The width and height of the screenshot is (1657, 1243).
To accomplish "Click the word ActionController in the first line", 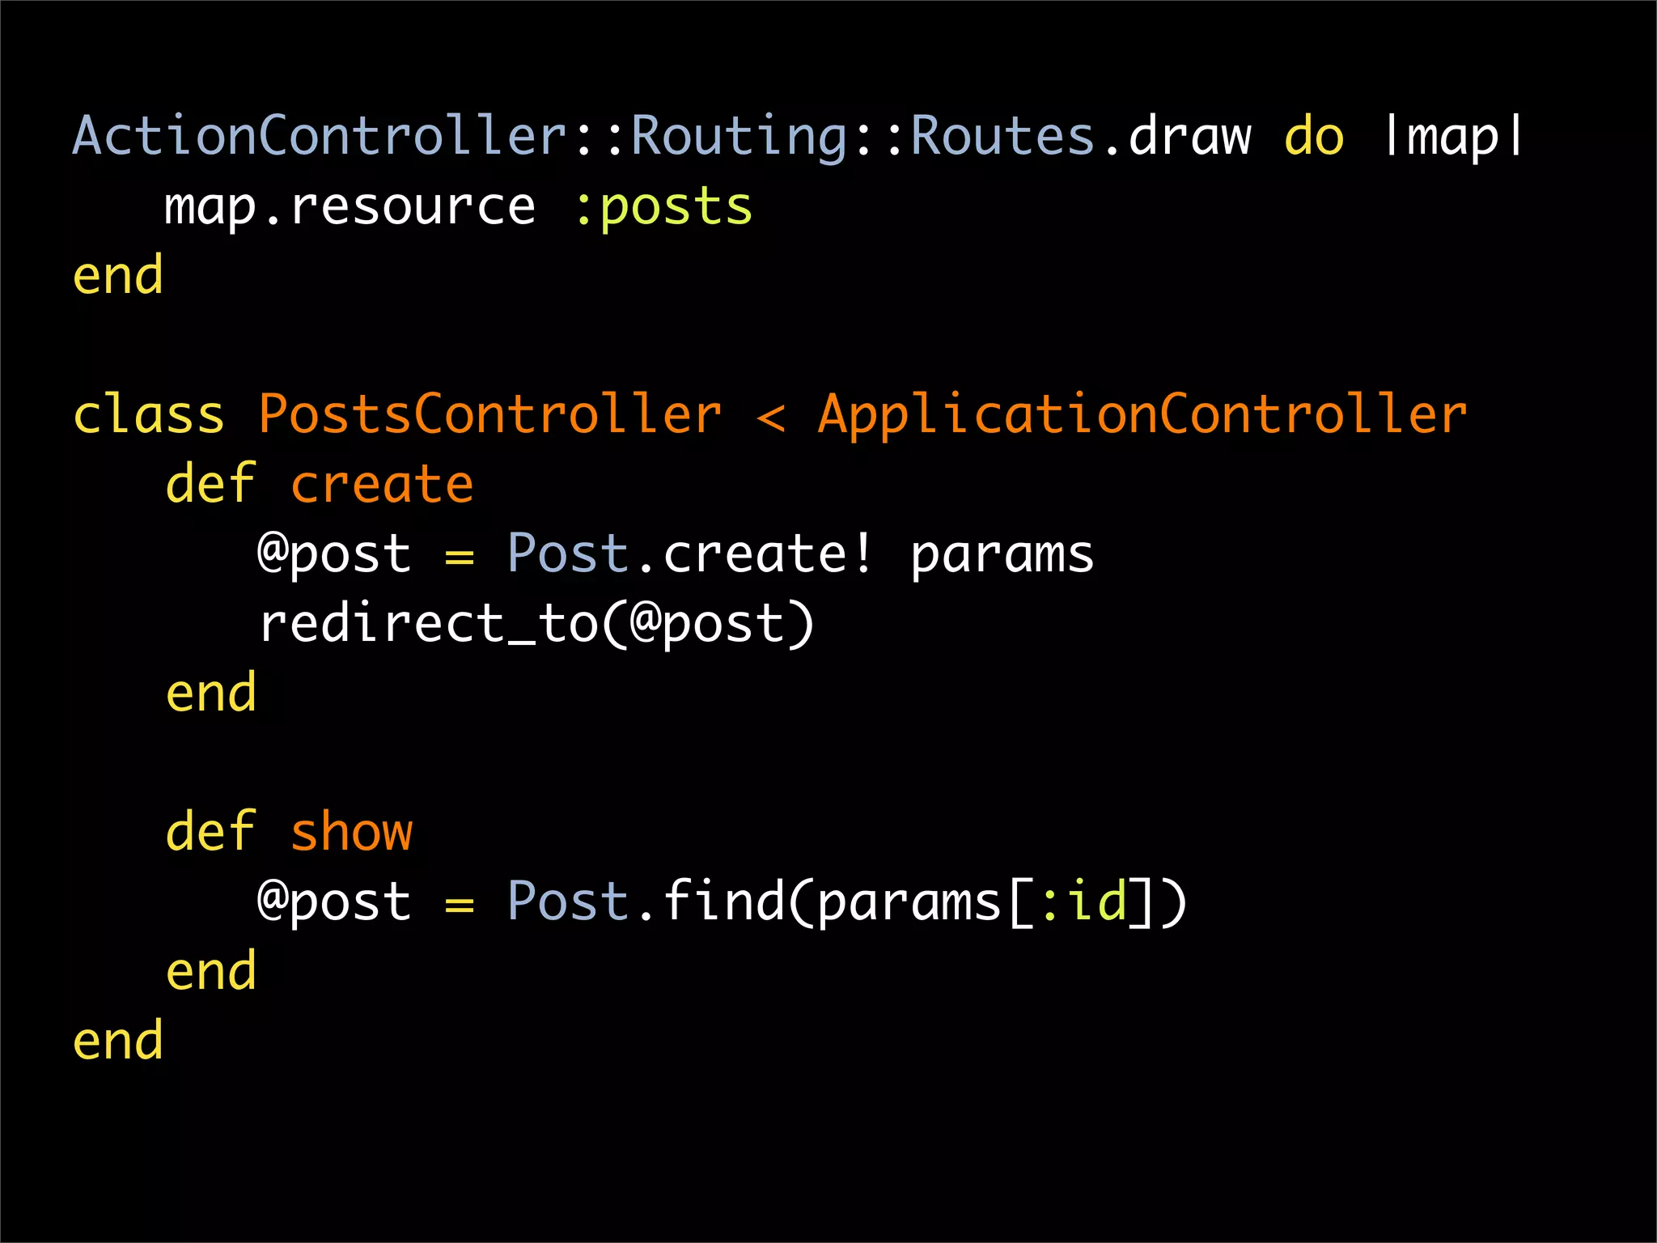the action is click(x=320, y=135).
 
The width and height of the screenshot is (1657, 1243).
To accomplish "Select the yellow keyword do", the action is click(x=1314, y=136).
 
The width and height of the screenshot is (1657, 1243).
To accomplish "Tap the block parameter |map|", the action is click(x=1453, y=136).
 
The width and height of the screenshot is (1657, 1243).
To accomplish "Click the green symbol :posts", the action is click(x=663, y=206).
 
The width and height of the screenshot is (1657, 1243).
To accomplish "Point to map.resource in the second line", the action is click(x=350, y=206).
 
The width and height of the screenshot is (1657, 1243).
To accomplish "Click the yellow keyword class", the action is click(x=148, y=414).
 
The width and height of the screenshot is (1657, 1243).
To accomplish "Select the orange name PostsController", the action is click(x=489, y=414).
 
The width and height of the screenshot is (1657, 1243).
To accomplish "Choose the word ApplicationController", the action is click(x=1142, y=414).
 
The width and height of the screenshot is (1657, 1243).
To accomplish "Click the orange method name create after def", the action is click(x=381, y=485).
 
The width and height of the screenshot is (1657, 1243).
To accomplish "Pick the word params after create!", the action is click(x=1002, y=555).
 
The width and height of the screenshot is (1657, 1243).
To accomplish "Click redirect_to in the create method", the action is click(x=428, y=624).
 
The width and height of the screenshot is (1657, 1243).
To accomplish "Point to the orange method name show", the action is click(x=351, y=833).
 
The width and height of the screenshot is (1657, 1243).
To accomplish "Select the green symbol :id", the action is click(x=1083, y=901).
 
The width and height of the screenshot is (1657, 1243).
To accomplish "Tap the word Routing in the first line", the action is click(x=739, y=135).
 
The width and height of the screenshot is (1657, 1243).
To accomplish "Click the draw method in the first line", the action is click(x=1189, y=136).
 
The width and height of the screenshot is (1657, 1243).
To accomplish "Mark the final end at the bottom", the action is click(x=118, y=1041).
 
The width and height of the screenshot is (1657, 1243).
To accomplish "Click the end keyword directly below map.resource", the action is click(x=118, y=276).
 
